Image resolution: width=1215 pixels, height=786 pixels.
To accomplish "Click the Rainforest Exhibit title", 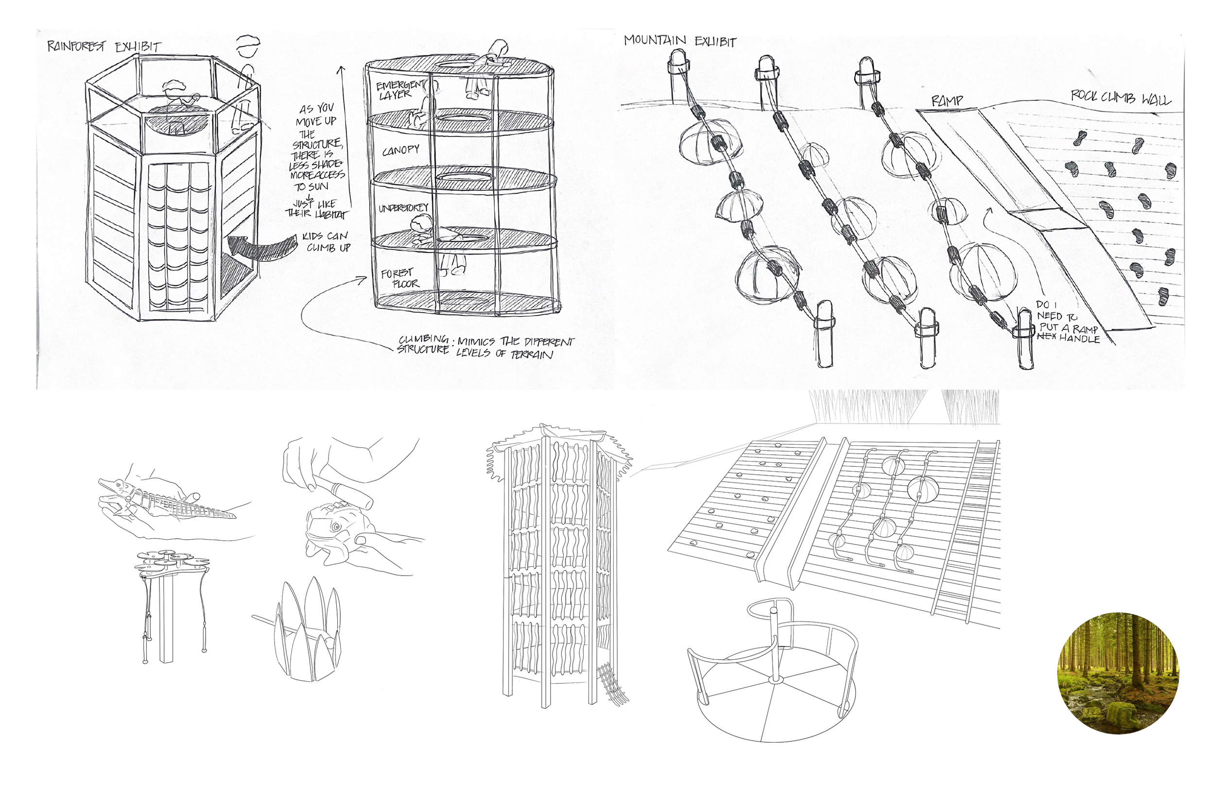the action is tap(104, 47).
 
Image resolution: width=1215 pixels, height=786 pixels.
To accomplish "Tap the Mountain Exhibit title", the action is tap(680, 41).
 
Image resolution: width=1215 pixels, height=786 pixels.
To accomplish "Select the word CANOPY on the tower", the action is tap(401, 150).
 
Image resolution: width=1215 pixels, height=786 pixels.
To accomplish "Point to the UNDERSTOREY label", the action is tap(403, 208).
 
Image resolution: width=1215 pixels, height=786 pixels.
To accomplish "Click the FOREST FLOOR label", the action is tap(400, 279).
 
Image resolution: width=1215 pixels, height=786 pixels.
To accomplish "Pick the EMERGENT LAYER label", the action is tap(399, 89).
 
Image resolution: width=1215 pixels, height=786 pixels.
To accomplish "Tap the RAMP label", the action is tap(947, 101).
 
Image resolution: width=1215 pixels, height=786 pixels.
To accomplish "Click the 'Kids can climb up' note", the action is tap(326, 242).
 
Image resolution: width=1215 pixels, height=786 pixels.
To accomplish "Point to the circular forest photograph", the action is tap(1118, 673).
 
